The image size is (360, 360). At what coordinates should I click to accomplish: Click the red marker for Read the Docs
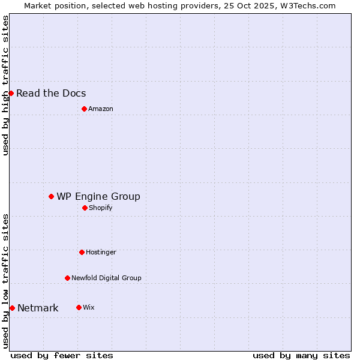pos(11,93)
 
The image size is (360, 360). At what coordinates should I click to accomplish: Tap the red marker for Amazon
pos(84,109)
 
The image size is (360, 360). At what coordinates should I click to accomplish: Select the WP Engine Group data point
pos(51,196)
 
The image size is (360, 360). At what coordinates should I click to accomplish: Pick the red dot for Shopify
pos(85,208)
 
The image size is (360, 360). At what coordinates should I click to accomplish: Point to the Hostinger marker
pos(82,252)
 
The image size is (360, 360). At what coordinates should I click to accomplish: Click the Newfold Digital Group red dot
pos(67,278)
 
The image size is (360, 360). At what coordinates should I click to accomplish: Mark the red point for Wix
pos(79,307)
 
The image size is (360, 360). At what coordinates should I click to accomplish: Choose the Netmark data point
pos(12,308)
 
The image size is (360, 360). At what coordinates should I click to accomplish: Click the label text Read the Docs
pos(51,93)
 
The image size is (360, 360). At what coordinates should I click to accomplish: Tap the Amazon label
pos(101,109)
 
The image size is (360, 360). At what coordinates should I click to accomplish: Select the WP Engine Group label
pos(98,196)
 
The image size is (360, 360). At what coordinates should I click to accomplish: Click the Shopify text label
pos(101,208)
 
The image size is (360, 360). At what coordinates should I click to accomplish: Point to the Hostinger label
pos(101,252)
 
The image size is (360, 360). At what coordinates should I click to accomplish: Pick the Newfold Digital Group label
pos(106,278)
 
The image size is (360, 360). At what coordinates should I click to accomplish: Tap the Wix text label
pos(89,307)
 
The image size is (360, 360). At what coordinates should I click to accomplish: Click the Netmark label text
pos(38,308)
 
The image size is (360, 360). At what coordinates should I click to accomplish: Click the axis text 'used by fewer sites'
pos(62,355)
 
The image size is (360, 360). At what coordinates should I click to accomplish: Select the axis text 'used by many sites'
pos(301,355)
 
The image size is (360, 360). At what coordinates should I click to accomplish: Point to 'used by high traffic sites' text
pos(5,85)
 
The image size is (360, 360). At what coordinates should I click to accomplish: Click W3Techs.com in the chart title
pos(307,5)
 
